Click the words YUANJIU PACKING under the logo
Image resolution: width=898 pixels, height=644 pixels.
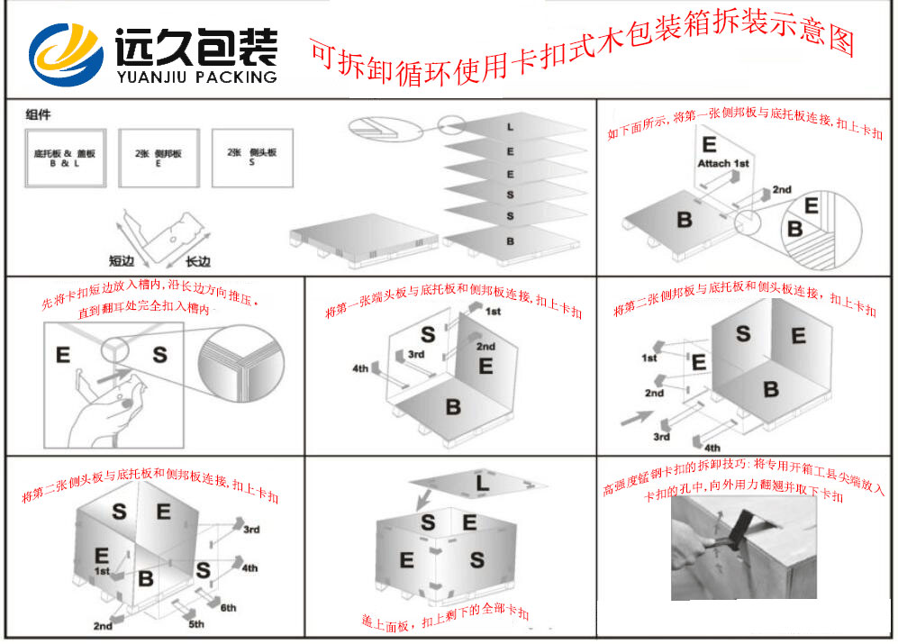pos(196,77)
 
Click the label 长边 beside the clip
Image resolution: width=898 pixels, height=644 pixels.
pos(197,261)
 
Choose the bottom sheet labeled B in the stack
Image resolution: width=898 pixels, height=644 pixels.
pos(510,240)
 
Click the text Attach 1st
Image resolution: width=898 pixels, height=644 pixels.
pos(722,163)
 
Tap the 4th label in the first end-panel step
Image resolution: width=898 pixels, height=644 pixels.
pos(361,367)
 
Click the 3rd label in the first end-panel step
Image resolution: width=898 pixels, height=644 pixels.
pos(415,354)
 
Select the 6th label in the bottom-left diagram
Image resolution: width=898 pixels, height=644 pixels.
pos(229,608)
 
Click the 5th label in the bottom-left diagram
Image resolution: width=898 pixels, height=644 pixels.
pos(195,624)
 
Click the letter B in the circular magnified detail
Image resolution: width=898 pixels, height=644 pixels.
pos(794,229)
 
